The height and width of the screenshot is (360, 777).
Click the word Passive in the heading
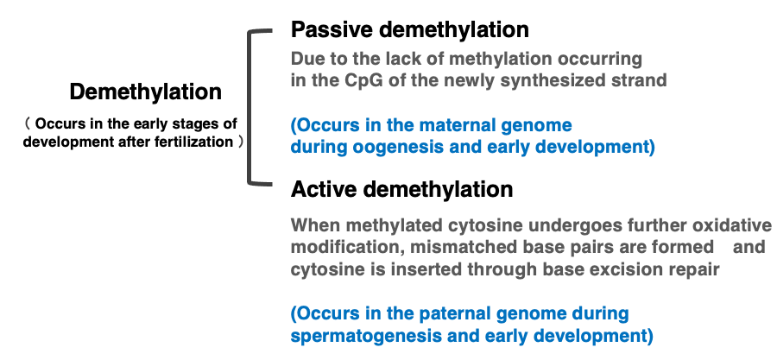tap(332, 29)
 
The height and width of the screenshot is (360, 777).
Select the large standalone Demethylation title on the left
tap(145, 92)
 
